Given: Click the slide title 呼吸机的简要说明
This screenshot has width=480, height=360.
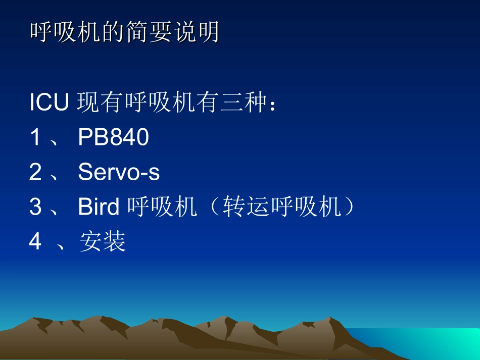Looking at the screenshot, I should (124, 33).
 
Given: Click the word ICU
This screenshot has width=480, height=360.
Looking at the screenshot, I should (49, 103).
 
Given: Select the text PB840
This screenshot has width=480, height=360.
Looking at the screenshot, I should (113, 137).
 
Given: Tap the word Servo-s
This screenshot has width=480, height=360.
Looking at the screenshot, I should (119, 172).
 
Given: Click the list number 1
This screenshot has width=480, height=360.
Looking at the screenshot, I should (35, 137).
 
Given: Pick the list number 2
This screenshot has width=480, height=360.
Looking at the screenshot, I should (35, 172).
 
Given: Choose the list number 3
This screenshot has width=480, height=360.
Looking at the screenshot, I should (35, 207).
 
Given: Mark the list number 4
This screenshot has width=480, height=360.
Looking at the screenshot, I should (35, 242).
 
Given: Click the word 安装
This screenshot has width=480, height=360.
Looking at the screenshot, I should (103, 242).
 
